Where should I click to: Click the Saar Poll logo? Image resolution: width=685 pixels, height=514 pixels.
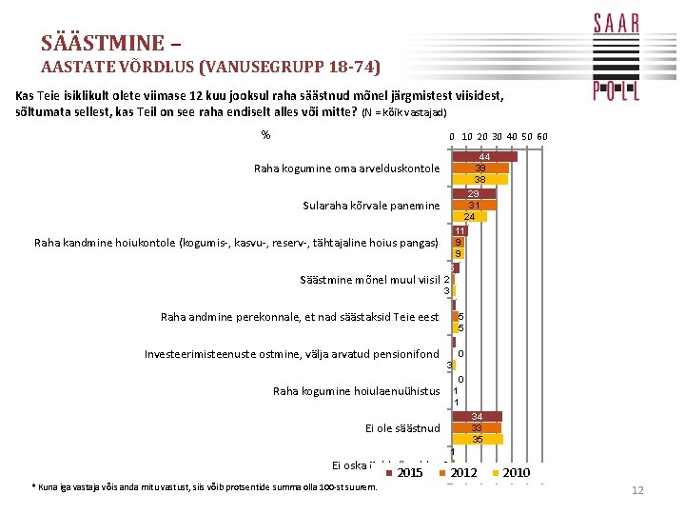616,57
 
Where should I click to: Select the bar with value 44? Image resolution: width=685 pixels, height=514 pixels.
484,156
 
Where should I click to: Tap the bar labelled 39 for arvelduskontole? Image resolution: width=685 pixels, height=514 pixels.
480,168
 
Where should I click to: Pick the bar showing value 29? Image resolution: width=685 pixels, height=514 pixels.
473,194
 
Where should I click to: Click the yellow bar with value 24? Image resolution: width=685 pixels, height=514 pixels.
469,216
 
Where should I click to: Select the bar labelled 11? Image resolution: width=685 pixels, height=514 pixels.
459,231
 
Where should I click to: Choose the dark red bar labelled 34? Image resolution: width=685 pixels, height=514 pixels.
477,417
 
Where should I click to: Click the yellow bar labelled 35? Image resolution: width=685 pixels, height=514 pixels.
478,439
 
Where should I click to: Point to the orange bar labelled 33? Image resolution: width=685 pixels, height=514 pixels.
477,428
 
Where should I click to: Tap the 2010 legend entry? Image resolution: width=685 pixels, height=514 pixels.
511,473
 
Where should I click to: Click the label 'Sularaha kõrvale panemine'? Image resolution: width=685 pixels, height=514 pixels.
371,206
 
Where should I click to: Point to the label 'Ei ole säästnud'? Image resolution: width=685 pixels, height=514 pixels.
402,428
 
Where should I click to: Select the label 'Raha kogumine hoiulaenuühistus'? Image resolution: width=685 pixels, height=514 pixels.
356,391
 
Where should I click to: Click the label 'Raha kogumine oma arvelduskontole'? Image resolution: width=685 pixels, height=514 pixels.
346,168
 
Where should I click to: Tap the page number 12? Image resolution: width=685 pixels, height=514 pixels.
638,490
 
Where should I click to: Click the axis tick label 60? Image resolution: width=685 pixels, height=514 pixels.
542,136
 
